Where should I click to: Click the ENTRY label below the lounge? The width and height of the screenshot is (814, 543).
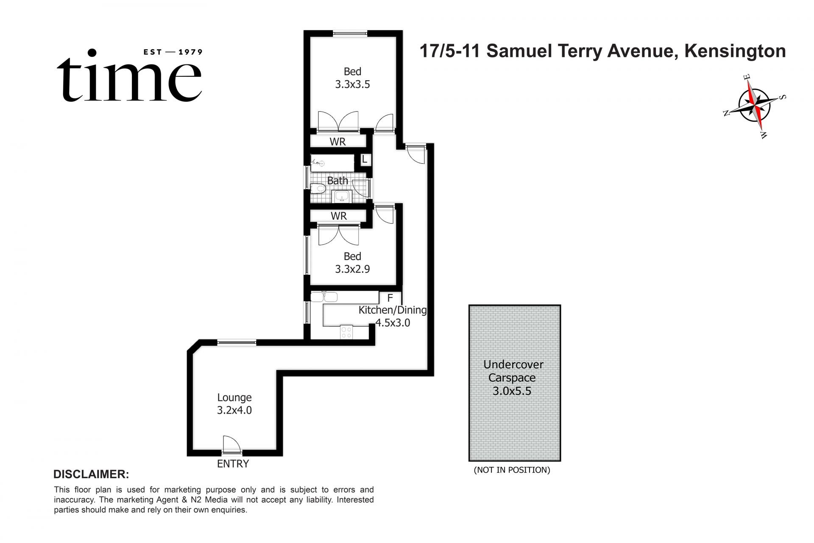(233, 464)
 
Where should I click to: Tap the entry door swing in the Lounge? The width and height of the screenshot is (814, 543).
(231, 445)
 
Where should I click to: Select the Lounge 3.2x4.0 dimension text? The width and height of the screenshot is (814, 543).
(234, 410)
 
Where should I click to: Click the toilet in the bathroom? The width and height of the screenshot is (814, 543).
(318, 188)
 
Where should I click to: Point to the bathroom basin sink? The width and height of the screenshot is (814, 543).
(342, 196)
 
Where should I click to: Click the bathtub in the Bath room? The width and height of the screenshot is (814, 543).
(332, 162)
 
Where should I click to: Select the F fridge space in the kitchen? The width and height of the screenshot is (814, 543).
(390, 298)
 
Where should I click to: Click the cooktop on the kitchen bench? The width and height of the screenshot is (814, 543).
(346, 332)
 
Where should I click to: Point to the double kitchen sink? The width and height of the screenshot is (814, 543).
(324, 297)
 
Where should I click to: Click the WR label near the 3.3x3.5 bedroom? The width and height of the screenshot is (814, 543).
(338, 142)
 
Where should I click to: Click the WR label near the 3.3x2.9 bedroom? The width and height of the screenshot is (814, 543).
(339, 216)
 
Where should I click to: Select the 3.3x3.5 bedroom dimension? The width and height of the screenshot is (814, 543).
(352, 84)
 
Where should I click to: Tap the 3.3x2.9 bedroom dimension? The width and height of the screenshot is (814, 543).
(352, 269)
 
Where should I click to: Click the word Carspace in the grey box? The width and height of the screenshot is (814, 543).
(512, 378)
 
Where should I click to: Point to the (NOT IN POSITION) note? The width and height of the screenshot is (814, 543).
(512, 470)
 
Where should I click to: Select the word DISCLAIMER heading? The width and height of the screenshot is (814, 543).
(91, 474)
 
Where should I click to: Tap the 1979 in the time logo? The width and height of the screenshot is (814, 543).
(190, 52)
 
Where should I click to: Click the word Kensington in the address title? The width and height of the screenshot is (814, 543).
(735, 51)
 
